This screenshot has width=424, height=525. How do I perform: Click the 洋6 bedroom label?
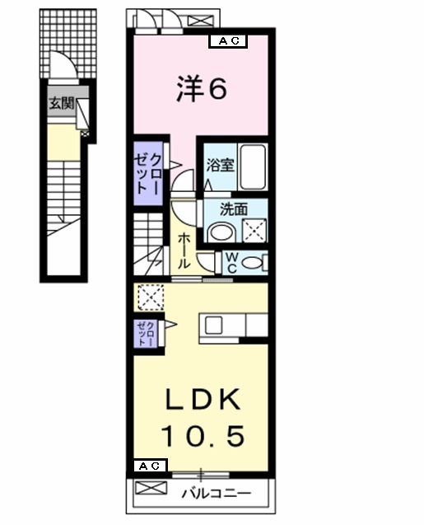(200, 89)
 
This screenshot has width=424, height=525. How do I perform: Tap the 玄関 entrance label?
(60, 104)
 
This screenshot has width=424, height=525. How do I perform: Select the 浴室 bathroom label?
(221, 164)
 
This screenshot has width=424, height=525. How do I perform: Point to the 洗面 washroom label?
(233, 209)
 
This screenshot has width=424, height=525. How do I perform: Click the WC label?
(232, 263)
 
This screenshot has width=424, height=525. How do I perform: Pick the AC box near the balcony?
(149, 466)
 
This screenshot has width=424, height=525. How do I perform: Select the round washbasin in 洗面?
(221, 232)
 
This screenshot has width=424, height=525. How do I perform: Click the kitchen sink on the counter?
(212, 325)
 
